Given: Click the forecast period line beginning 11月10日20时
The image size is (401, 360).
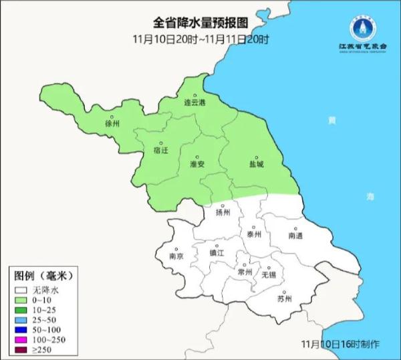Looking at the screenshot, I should pos(200,39).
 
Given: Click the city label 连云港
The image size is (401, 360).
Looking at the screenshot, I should pos(195,103).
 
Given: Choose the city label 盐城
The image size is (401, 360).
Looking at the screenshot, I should pos(256,163).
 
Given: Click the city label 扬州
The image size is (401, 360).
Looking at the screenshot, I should pos(223,213).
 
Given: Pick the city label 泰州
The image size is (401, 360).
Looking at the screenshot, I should pos(253,234).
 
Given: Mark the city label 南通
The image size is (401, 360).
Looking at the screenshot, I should pos(295,236).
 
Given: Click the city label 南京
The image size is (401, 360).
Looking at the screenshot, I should pos(176,256).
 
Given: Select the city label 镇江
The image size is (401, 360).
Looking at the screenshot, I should pos(217,254).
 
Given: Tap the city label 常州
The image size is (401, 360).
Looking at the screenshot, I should pos(245,272).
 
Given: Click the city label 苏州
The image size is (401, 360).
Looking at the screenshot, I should pos(284,298).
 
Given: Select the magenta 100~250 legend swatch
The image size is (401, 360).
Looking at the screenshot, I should pos(21,340).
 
